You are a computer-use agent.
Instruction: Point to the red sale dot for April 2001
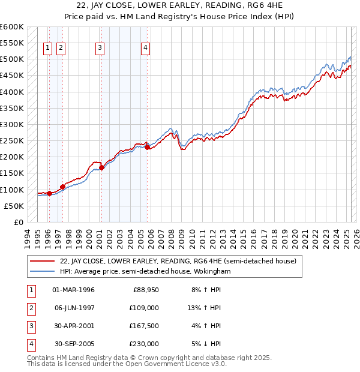101,167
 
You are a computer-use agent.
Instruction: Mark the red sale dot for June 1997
62,187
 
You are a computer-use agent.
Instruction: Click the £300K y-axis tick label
12,124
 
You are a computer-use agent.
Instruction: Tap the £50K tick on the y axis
14,206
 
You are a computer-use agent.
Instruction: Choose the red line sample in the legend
43,261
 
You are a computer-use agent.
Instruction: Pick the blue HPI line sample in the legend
43,271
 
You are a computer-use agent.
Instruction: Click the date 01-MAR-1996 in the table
74,290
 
